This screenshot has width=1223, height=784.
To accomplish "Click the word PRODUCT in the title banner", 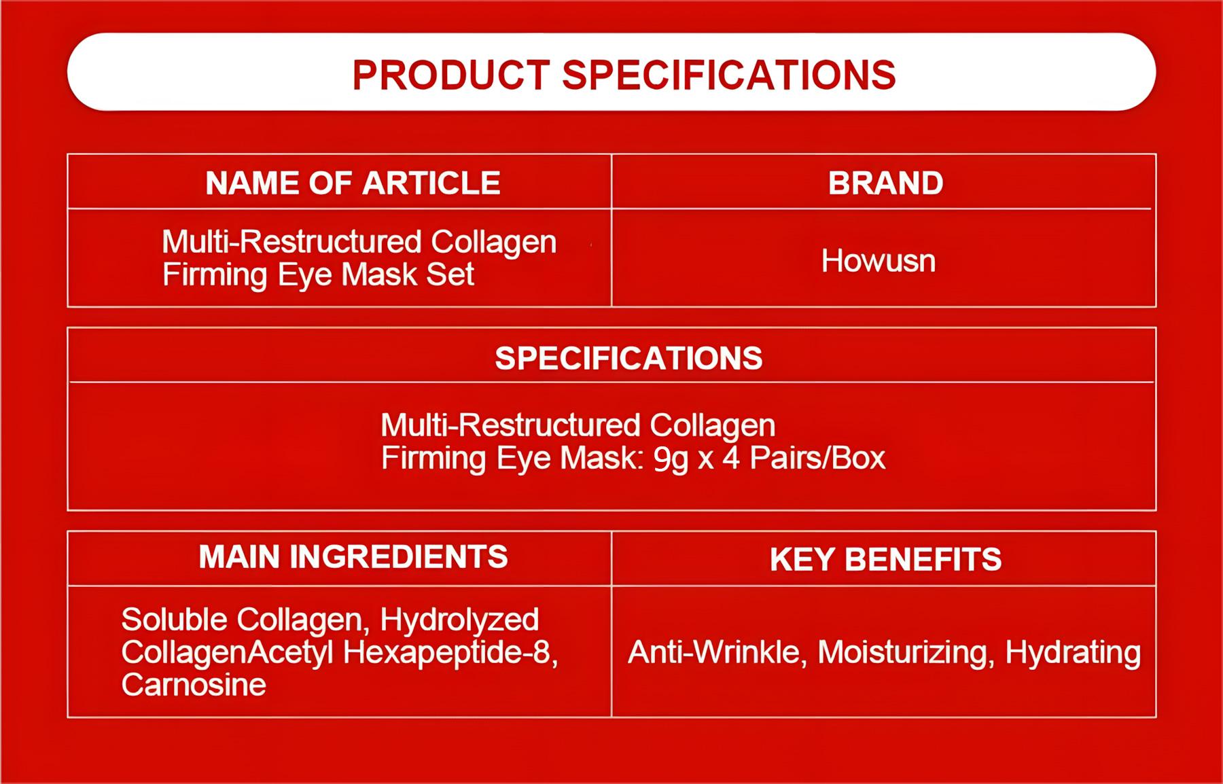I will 450,75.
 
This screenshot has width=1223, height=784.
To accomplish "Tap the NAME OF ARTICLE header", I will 353,183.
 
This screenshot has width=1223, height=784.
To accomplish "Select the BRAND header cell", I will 885,183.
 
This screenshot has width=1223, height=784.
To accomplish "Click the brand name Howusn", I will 878,261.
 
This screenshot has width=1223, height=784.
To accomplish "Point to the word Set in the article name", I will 449,274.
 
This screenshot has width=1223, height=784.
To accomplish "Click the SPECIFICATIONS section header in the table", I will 628,358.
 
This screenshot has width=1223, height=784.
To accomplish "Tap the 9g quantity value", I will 671,459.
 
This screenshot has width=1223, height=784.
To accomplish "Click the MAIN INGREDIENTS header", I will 353,557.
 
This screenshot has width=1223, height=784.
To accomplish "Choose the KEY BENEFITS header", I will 885,559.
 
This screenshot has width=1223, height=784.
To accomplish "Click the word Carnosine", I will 194,685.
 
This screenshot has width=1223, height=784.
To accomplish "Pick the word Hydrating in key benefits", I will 1073,652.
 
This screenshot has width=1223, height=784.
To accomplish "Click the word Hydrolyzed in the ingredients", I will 459,620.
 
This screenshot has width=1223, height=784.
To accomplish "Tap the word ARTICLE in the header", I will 431,183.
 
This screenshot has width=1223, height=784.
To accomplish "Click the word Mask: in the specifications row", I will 601,459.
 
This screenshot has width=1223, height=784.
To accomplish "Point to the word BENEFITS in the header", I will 923,559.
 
